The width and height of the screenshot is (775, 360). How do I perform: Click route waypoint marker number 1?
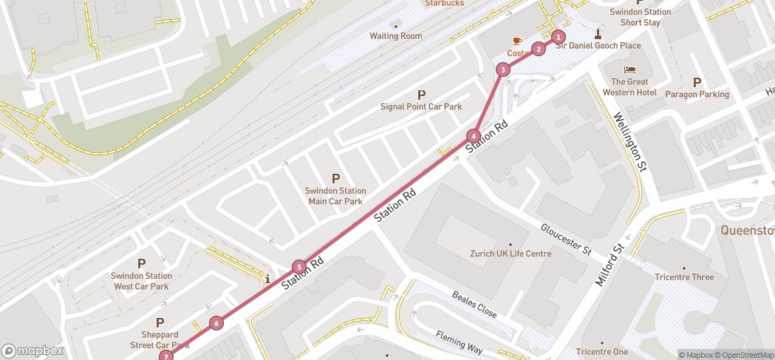(x=559, y=37)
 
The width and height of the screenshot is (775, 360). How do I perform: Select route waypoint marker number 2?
(x=539, y=50)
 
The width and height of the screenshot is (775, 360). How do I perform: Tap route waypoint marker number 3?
(x=503, y=69)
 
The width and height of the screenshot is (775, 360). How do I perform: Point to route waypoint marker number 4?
(x=473, y=136)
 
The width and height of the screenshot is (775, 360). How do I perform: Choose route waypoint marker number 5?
(x=298, y=267)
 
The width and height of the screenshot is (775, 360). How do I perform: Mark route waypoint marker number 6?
(x=216, y=322)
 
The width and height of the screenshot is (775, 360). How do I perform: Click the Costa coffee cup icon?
(x=517, y=41)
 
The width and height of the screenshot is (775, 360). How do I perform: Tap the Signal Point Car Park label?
(x=421, y=106)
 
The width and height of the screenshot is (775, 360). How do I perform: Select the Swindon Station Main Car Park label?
(x=335, y=195)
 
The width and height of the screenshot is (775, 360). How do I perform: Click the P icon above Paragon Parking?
(x=697, y=82)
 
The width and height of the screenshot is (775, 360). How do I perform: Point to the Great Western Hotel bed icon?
(x=629, y=69)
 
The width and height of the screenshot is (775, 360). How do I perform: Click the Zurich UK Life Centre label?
(x=511, y=254)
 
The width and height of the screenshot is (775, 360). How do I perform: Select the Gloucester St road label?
(x=566, y=240)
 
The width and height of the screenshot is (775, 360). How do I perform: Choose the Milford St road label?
(x=611, y=265)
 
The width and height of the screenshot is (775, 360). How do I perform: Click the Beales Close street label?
(x=474, y=302)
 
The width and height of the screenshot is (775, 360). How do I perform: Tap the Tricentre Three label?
(x=683, y=277)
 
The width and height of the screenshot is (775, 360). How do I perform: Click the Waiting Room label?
(x=395, y=36)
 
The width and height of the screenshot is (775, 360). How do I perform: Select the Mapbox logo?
(x=33, y=350)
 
